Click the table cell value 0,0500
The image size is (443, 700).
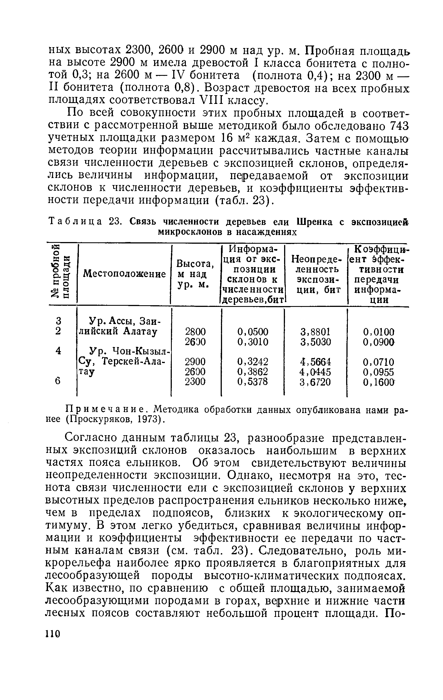click(x=253, y=332)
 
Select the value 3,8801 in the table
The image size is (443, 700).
click(x=315, y=332)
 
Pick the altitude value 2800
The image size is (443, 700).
click(x=195, y=332)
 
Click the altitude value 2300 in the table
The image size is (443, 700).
click(x=195, y=381)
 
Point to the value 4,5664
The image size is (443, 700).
click(x=315, y=362)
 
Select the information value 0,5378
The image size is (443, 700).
click(x=253, y=381)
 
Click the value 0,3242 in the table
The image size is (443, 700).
click(x=253, y=362)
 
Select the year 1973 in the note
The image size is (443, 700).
click(x=147, y=419)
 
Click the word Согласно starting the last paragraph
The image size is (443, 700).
click(x=91, y=438)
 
